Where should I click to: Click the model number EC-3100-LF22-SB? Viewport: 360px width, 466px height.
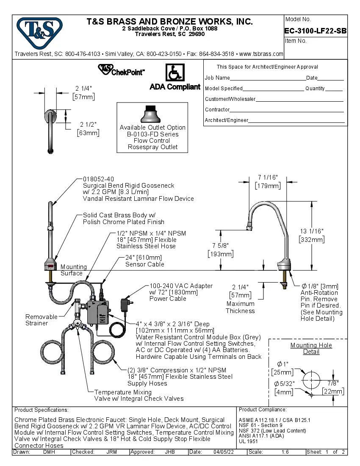point(316,31)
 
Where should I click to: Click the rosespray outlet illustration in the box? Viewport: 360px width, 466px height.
point(152,114)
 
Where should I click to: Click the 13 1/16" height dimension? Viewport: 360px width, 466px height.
point(312,231)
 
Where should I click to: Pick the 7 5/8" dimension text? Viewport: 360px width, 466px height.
point(220,246)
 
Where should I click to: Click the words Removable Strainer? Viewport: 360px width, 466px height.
point(42,320)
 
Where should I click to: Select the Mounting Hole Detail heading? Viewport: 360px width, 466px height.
point(311,348)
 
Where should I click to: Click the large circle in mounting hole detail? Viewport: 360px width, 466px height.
point(312,378)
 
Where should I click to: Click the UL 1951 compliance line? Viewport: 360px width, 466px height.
point(248,441)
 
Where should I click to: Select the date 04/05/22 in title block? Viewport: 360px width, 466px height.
point(224,452)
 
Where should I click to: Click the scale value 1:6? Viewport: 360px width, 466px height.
point(285,452)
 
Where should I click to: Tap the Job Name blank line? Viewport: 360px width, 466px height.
point(268,78)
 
